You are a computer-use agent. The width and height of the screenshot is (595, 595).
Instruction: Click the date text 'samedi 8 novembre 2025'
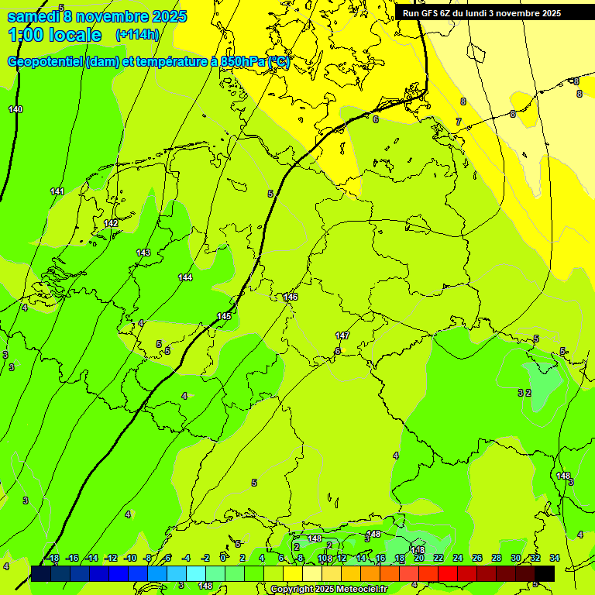click(x=97, y=16)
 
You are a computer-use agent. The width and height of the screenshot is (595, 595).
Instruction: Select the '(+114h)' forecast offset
click(x=137, y=35)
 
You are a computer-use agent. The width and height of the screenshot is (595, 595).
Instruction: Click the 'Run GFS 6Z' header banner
click(x=481, y=13)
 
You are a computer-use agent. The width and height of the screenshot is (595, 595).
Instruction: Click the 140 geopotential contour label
click(x=15, y=109)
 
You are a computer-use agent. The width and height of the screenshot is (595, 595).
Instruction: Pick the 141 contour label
click(x=57, y=191)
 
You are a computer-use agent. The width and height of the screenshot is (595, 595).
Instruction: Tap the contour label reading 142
click(x=111, y=223)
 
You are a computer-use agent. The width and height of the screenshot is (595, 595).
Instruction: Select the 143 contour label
click(x=143, y=253)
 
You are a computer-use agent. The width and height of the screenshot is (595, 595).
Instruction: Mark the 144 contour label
click(x=185, y=277)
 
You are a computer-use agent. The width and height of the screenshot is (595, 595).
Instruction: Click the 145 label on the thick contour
click(x=224, y=316)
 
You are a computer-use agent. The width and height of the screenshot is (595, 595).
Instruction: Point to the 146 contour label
click(x=291, y=297)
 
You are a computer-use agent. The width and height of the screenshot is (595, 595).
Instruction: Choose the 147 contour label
click(x=342, y=335)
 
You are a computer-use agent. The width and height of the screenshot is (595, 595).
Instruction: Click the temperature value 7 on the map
click(x=458, y=122)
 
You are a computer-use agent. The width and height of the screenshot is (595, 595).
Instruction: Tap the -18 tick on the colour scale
click(x=53, y=558)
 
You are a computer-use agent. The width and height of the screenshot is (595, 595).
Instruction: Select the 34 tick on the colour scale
click(x=555, y=558)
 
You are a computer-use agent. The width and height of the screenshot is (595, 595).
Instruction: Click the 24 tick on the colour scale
click(x=458, y=558)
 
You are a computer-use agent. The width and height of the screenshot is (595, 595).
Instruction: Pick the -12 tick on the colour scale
click(x=111, y=558)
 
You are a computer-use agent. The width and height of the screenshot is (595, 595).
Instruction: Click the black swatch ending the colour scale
click(x=545, y=573)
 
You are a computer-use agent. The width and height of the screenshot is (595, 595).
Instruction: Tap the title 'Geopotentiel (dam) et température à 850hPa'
click(x=147, y=62)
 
